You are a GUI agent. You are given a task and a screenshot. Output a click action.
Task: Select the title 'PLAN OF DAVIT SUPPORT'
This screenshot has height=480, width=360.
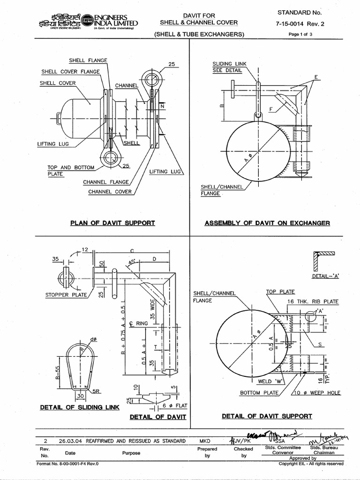(x=112, y=223)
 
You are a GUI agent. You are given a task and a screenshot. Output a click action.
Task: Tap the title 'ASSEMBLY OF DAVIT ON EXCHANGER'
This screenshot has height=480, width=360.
(x=267, y=223)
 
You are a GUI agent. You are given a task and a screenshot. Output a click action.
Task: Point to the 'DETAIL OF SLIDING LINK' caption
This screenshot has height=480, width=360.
(x=80, y=408)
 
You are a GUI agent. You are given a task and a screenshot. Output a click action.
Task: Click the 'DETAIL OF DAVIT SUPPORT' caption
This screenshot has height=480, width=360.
(x=267, y=416)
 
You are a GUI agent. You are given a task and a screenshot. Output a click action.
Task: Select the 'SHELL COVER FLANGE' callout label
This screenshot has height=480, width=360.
(x=70, y=72)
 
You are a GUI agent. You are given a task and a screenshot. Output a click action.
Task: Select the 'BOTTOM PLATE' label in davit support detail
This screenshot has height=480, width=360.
(x=259, y=392)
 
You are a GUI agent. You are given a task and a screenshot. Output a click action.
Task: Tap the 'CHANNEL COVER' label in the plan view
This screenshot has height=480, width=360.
(x=110, y=191)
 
